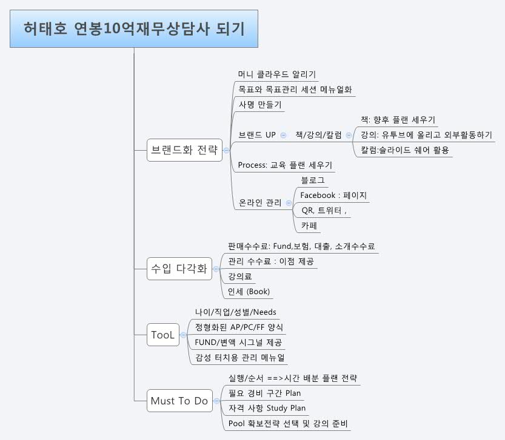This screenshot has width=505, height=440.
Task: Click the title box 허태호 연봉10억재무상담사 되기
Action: point(134,28)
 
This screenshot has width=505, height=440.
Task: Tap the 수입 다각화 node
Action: point(179,269)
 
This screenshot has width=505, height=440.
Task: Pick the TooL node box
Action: point(163,335)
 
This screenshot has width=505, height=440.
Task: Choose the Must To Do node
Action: point(179,401)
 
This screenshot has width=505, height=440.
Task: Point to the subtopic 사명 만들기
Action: point(260,104)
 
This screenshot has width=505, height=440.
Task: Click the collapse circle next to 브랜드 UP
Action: point(284,134)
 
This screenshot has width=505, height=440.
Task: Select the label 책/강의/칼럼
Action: point(319,134)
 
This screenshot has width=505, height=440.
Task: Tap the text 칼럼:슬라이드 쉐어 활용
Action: point(405,149)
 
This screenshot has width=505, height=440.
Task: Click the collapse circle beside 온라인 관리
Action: point(289,203)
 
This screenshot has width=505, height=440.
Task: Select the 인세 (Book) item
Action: point(249,291)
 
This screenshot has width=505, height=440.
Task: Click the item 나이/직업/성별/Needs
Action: point(235,312)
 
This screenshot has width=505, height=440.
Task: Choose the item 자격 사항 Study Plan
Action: point(267,408)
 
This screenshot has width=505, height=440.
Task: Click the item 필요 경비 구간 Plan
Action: point(264,393)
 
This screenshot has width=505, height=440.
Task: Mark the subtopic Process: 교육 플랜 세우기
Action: point(285,165)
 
